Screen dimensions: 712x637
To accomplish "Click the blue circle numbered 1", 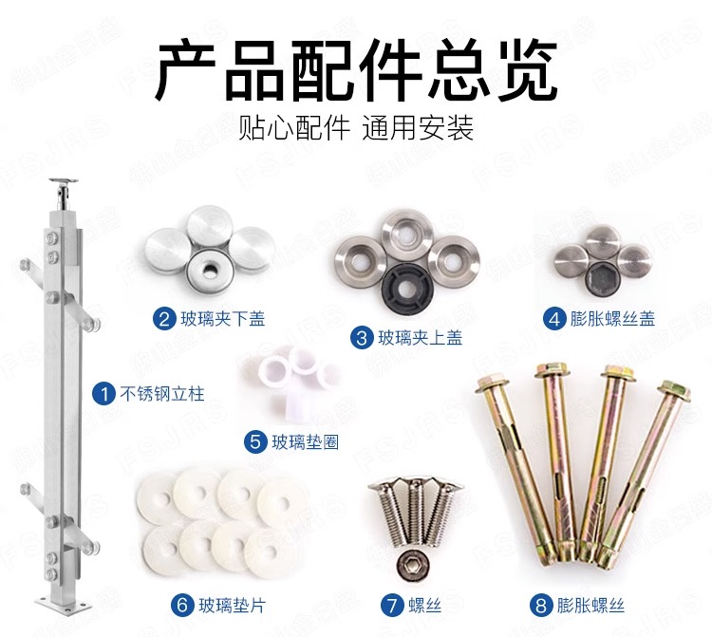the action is tap(103, 393).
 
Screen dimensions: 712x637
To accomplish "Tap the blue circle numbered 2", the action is tap(164, 319).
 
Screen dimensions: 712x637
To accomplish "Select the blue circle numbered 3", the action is tap(362, 338).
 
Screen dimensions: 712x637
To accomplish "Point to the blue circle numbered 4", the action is tap(554, 319).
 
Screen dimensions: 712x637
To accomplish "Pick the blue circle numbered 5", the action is tap(255, 441).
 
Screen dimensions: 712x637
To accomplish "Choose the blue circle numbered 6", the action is tap(182, 605).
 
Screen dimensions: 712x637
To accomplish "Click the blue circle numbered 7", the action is tap(392, 605).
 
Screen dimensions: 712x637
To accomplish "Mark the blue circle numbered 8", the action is tap(541, 605).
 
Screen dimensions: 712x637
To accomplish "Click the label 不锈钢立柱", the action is tap(162, 394).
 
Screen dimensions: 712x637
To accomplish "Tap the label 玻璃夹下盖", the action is tap(222, 319).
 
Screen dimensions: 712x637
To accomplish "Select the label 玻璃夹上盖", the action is tap(420, 338).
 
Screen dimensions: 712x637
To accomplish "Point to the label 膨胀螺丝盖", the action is tap(612, 319).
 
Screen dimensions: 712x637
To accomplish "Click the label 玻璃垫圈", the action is tap(305, 441).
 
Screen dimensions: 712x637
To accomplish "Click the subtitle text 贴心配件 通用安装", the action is tap(356, 127).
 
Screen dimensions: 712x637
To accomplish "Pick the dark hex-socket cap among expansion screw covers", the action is tap(601, 277).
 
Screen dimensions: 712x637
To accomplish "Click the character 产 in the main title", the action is tap(186, 69).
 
